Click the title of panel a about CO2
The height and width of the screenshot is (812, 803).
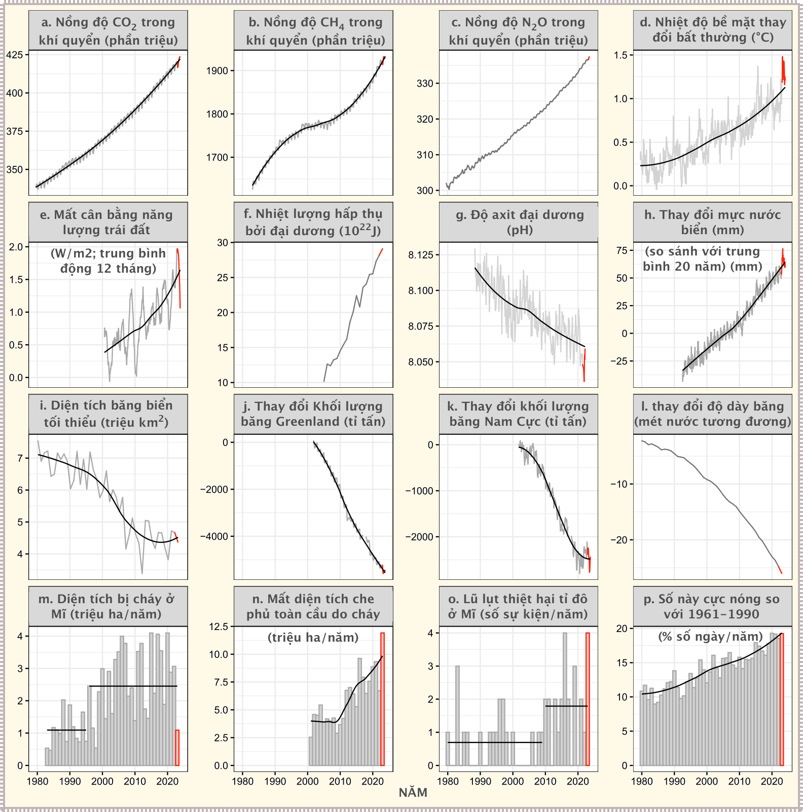tap(108, 30)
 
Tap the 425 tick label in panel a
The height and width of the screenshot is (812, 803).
tap(14, 55)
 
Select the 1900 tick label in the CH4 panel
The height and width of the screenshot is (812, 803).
tap(217, 71)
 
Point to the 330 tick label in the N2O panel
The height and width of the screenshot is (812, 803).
tap(425, 84)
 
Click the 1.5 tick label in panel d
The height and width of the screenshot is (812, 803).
tap(620, 55)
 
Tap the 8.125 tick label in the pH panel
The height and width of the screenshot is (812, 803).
tap(421, 255)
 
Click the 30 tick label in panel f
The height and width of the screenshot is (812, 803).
tap(223, 243)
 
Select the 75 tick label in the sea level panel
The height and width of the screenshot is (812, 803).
tap(621, 250)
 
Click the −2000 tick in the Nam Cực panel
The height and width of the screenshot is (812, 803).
tap(419, 537)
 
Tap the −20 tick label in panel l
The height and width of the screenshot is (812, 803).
tap(618, 540)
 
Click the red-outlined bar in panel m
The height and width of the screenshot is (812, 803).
tap(177, 748)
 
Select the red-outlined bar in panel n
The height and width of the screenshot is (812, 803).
tap(383, 699)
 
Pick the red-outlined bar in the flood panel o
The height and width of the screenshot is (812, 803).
tap(588, 699)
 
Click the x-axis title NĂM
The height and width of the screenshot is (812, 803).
tap(413, 793)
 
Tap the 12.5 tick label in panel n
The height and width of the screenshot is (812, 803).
tap(218, 627)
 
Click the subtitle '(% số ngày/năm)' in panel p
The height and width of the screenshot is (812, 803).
tap(710, 637)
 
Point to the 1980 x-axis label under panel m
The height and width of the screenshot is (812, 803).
tap(37, 781)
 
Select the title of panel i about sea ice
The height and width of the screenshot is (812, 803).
tap(108, 414)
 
